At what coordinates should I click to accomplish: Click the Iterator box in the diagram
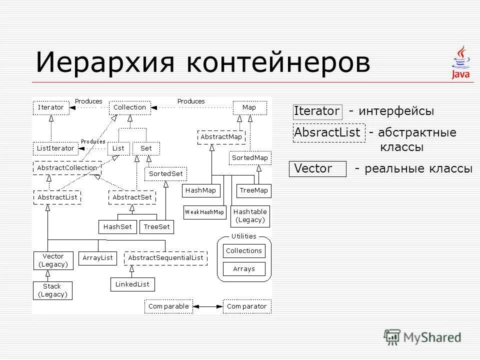(51, 107)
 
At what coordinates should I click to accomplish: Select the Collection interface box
(129, 107)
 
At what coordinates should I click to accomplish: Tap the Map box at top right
(249, 107)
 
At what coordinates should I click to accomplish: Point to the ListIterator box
(55, 148)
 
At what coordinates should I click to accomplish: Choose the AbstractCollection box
(67, 168)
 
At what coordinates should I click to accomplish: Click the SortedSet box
(165, 174)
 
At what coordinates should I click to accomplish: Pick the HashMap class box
(200, 190)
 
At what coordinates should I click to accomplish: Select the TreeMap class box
(253, 190)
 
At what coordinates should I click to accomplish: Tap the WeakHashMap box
(204, 212)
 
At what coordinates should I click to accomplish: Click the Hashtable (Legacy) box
(250, 216)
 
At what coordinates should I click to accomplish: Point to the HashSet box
(117, 226)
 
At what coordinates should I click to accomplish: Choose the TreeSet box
(156, 226)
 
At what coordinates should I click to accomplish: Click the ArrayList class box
(97, 258)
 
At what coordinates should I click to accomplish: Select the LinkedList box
(132, 284)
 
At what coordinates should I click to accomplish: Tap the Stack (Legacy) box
(52, 290)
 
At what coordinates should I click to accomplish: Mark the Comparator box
(247, 306)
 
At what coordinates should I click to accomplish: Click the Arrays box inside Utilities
(244, 269)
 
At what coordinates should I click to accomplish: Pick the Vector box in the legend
(317, 169)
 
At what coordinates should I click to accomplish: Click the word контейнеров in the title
(278, 63)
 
